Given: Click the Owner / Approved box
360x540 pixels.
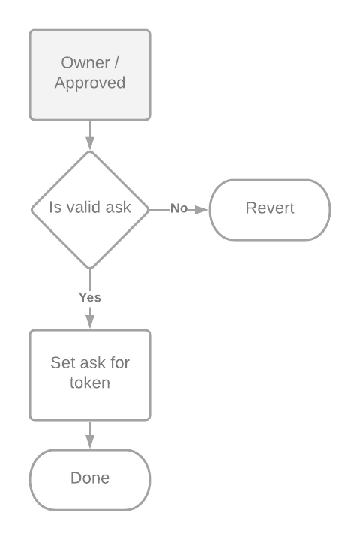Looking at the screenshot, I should [90, 74].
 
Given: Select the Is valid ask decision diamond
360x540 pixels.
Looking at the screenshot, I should [90, 208].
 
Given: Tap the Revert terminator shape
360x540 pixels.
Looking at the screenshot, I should [270, 208].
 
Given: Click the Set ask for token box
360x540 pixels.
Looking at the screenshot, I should [90, 373].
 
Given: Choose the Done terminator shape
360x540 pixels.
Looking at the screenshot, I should [90, 478].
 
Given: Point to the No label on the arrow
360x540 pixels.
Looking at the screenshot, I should [178, 208].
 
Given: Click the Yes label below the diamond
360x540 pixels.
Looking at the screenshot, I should [90, 297].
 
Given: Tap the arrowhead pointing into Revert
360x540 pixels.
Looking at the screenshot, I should [202, 209].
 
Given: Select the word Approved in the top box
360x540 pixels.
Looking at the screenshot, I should [90, 82].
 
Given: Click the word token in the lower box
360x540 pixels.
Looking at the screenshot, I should [90, 382].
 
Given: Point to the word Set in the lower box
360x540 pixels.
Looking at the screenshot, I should [62, 363].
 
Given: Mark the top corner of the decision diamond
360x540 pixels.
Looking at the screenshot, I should [90, 151].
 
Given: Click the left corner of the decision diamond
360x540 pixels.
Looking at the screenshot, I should [31, 208].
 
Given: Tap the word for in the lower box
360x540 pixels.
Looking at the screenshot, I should [119, 363].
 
